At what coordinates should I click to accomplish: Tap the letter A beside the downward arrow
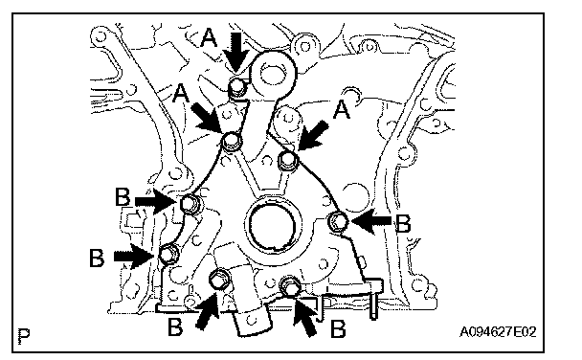pos(209,38)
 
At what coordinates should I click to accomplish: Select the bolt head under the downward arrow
pos(237,87)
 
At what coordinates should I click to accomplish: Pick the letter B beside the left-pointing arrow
pos(403,223)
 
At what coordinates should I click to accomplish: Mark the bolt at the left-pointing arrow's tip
pos(339,221)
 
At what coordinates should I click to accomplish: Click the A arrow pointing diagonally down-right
pos(207,117)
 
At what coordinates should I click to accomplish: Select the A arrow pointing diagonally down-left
pos(313,136)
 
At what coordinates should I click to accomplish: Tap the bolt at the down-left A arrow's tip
pos(288,160)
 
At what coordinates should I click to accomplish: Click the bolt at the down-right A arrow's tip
pos(233,141)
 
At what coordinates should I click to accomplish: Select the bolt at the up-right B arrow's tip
pos(220,280)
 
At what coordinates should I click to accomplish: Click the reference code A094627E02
pos(498,331)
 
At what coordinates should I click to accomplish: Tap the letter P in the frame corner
pos(24,336)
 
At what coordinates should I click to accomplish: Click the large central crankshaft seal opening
pos(272,226)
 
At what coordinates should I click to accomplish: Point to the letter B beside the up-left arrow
pos(337,328)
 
